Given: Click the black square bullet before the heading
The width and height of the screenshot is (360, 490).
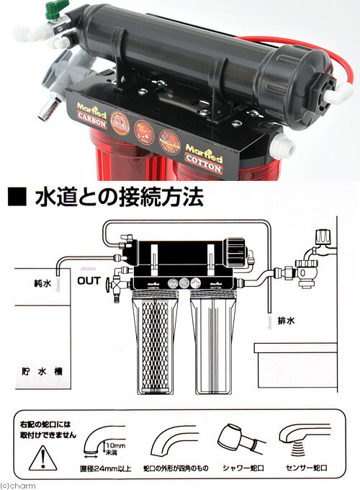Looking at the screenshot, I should pyautogui.click(x=17, y=197).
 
